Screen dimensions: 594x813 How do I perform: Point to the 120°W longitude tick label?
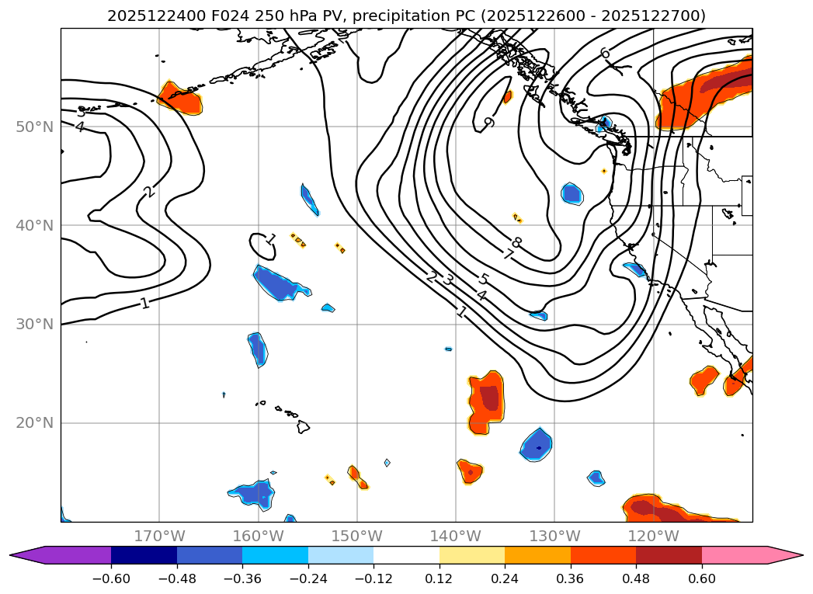tap(654, 536)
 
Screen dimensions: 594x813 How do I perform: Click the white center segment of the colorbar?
tap(406, 555)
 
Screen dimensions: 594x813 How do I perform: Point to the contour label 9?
tap(488, 122)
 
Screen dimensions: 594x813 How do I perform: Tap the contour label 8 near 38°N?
tap(516, 243)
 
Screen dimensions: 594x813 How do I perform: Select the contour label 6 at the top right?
tap(605, 53)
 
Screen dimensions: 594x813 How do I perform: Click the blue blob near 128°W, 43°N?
tap(572, 193)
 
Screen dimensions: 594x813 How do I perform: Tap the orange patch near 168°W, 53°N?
tap(180, 99)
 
